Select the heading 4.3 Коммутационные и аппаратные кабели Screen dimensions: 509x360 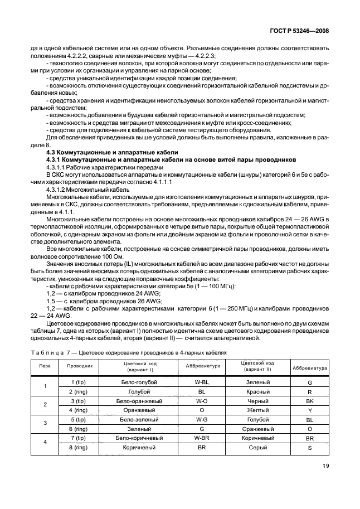[112, 152]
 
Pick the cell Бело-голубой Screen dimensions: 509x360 [139, 382]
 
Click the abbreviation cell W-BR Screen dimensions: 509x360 [202, 438]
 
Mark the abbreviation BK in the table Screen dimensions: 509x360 [310, 401]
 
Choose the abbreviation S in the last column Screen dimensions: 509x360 [310, 448]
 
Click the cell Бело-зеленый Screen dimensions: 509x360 [139, 419]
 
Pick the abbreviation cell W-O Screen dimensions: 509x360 [202, 401]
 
